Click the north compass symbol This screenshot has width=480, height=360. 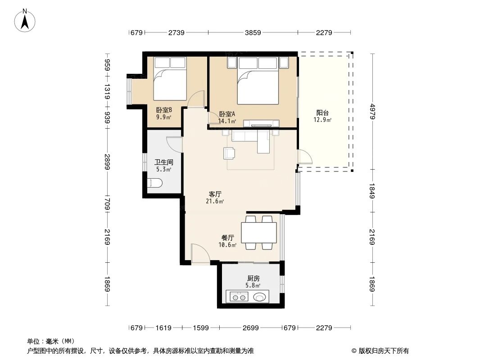pos(26,21)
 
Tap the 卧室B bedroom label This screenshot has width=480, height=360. pos(164,113)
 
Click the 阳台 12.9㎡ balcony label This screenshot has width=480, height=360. pos(322,116)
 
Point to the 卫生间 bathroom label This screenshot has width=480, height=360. pos(163,166)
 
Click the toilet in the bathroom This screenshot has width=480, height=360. pos(155,183)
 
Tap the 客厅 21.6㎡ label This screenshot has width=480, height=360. pos(215,198)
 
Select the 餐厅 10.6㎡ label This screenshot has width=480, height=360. pos(228,241)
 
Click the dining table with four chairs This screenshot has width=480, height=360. pos(259,233)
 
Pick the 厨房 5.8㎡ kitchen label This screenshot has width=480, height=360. pos(253,282)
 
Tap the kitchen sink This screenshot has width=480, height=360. pos(260,297)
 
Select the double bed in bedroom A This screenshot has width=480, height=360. pos(258,81)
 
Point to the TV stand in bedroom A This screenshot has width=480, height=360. pos(262,122)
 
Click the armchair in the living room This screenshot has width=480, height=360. pos(229,153)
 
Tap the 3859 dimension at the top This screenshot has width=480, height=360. pos(252,32)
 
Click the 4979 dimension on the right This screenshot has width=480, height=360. pos(373,111)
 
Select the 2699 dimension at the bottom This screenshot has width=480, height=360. pos(250,328)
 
